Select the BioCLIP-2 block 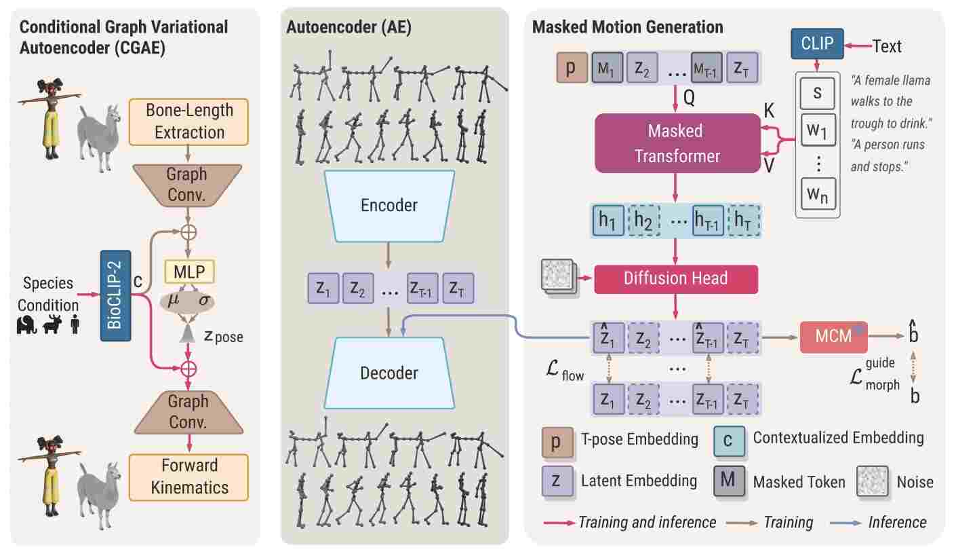pyautogui.click(x=115, y=295)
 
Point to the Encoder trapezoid pyautogui.click(x=389, y=205)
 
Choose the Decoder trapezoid pyautogui.click(x=389, y=373)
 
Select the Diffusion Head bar pyautogui.click(x=675, y=278)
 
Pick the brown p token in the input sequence pyautogui.click(x=572, y=69)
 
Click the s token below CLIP pyautogui.click(x=817, y=93)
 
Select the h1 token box pyautogui.click(x=608, y=222)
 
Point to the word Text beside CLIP pyautogui.click(x=887, y=46)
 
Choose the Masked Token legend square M pyautogui.click(x=728, y=481)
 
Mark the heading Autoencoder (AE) pyautogui.click(x=348, y=27)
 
